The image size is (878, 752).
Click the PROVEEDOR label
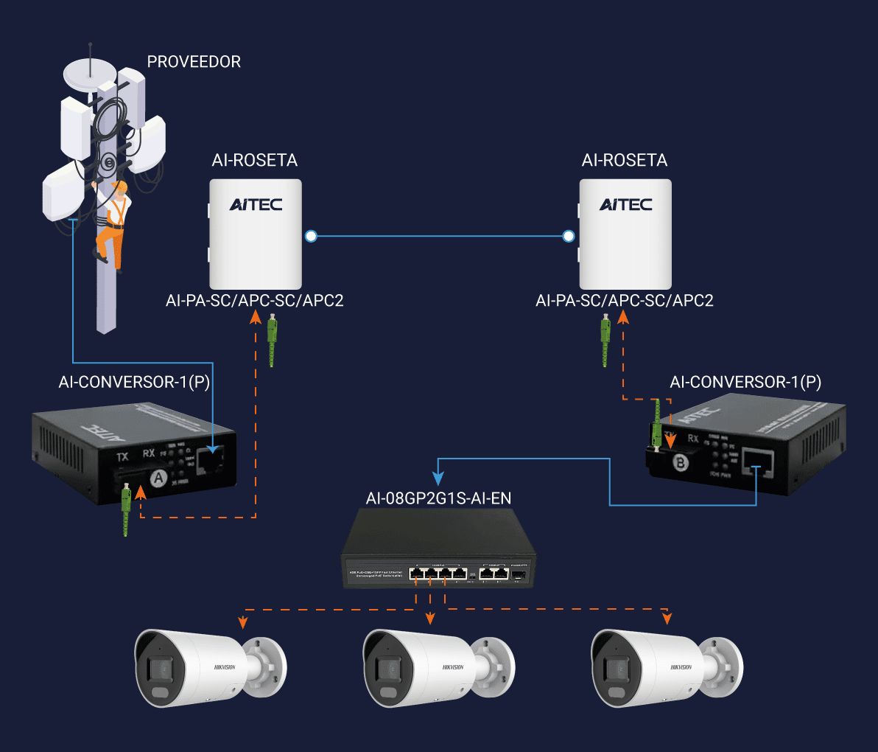[x=194, y=62]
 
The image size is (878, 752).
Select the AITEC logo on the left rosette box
[x=256, y=204]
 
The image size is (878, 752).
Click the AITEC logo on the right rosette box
[x=625, y=204]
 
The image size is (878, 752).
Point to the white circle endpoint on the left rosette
[x=311, y=236]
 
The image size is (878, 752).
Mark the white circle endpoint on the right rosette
[x=568, y=236]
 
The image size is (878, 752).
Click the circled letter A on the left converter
[x=158, y=478]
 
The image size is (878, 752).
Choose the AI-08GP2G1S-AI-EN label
[x=438, y=498]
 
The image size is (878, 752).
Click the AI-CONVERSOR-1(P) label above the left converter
[x=134, y=382]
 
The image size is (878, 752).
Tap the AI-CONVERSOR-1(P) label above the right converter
[x=745, y=382]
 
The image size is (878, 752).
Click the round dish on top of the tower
[x=90, y=74]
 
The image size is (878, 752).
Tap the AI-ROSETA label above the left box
[x=255, y=161]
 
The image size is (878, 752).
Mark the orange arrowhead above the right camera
[x=667, y=619]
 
